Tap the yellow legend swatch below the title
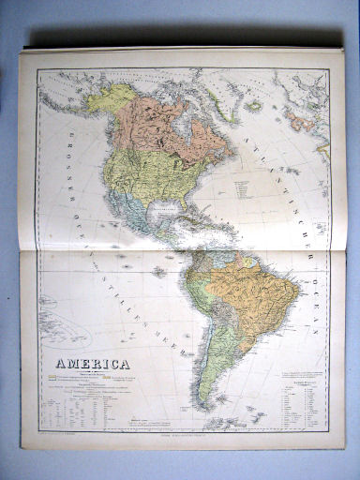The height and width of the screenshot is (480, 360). [x=53, y=380]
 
